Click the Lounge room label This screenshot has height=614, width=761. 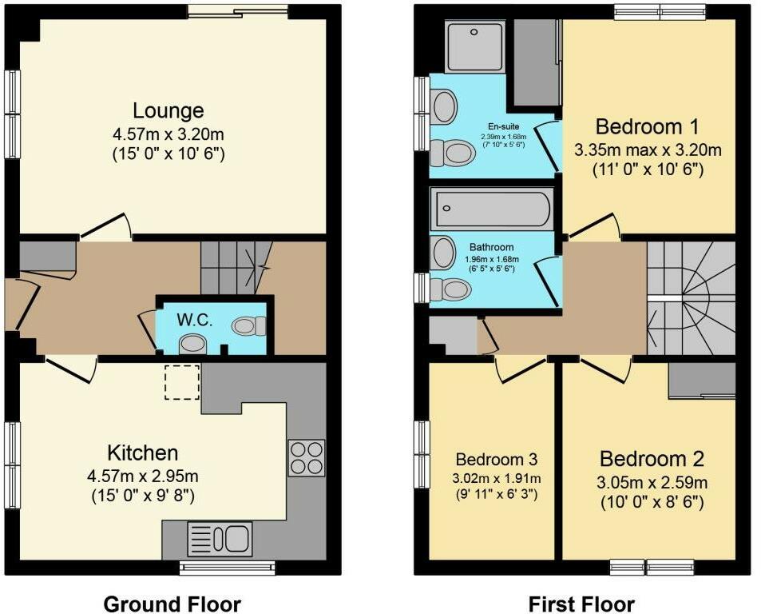click(168, 110)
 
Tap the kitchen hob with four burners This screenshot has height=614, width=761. click(307, 458)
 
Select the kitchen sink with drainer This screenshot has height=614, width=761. click(220, 539)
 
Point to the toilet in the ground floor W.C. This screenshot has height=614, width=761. click(248, 325)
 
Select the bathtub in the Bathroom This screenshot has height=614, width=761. click(490, 210)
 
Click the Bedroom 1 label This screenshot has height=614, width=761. click(648, 126)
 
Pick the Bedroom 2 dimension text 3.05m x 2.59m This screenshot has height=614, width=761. click(653, 483)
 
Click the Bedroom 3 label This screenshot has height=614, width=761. click(496, 460)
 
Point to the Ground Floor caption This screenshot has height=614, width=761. click(172, 604)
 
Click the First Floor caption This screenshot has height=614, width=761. click(581, 604)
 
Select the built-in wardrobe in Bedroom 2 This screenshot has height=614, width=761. click(702, 380)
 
